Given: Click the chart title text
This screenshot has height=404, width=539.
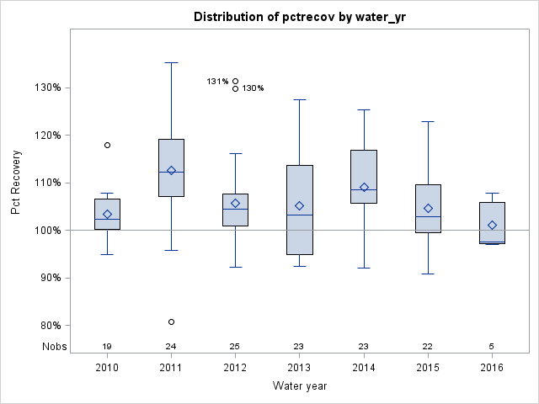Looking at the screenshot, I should point(299,17).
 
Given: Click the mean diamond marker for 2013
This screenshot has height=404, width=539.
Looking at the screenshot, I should point(300,205).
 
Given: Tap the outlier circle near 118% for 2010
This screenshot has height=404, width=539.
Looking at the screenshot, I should point(107,145).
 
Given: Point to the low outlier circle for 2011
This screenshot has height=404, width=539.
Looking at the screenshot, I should point(171,322).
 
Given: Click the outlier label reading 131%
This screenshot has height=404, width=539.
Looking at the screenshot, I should point(217,82).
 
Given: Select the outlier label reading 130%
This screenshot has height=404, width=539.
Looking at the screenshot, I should point(253,88).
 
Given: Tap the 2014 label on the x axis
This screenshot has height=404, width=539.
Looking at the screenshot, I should point(364,368).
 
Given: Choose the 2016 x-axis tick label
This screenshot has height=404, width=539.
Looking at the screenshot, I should point(492,368).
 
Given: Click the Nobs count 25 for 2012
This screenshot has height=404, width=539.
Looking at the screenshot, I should point(235,347).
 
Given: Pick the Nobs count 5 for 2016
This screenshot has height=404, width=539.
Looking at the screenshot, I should point(492,347).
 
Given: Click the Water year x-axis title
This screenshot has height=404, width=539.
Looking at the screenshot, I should point(299,385).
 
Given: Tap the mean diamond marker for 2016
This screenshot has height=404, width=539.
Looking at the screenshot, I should point(492,225).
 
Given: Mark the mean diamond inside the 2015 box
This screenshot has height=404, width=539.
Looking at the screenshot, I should point(428,208).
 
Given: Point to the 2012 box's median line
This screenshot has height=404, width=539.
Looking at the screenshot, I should point(235,209).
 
